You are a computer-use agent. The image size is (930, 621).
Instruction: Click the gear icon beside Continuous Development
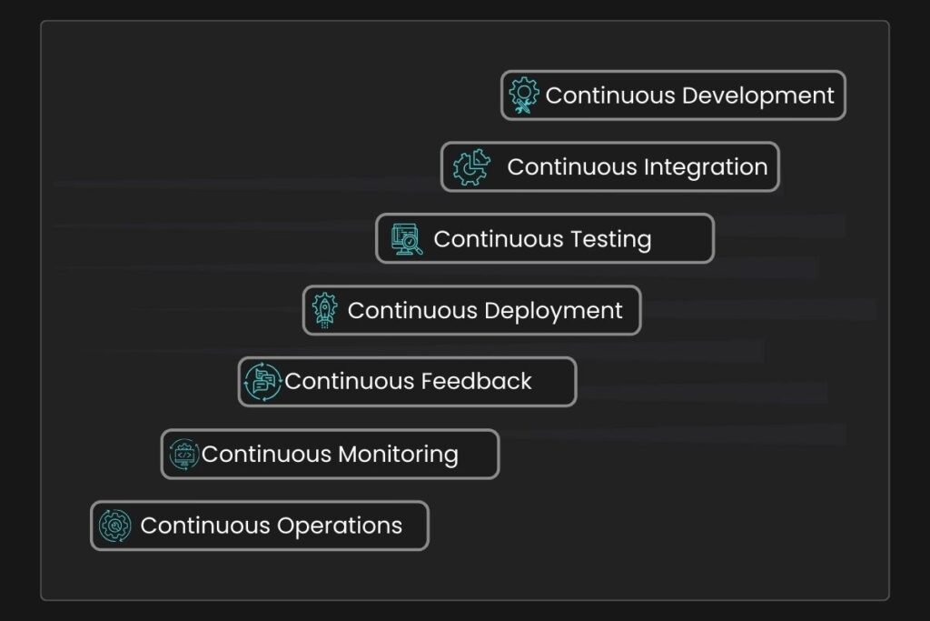click(523, 95)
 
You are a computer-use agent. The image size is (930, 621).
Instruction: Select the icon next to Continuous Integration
click(471, 167)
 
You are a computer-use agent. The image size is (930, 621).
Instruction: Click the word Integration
click(706, 167)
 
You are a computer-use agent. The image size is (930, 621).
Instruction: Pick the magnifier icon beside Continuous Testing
click(407, 239)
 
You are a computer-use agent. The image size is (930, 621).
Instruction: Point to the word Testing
click(610, 239)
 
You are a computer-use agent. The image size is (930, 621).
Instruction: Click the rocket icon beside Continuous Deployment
click(324, 310)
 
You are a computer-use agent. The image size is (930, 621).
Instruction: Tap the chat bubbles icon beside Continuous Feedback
click(262, 382)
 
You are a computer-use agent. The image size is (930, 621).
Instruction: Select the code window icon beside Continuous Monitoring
click(183, 454)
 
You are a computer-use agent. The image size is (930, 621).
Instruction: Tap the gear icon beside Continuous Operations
click(115, 526)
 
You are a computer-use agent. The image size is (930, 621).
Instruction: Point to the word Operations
click(340, 526)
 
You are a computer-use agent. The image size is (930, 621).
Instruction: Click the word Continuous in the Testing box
click(498, 239)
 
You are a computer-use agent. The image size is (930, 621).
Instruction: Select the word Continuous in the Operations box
click(205, 526)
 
